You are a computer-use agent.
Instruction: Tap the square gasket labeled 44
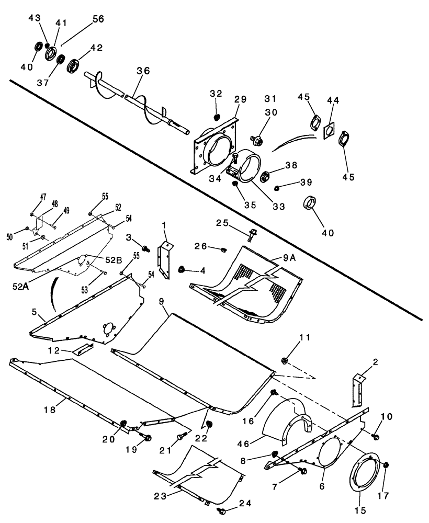point(330,130)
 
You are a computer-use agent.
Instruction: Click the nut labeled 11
point(286,360)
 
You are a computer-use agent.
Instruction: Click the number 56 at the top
point(98,18)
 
